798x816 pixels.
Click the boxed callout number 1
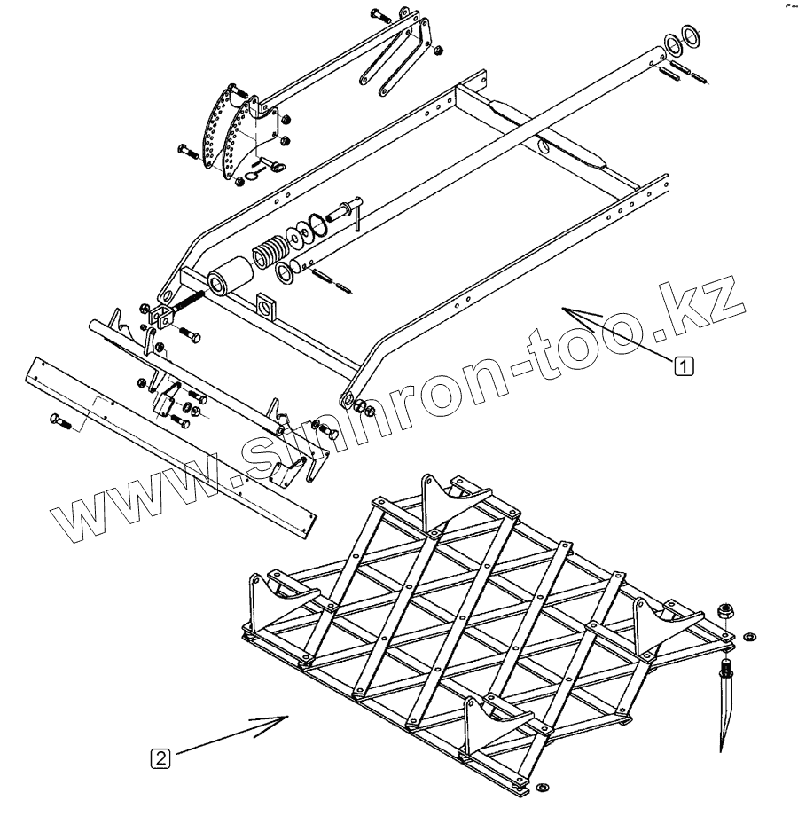click(x=684, y=364)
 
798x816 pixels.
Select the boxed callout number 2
click(x=160, y=758)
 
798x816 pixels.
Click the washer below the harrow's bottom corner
click(x=541, y=789)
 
